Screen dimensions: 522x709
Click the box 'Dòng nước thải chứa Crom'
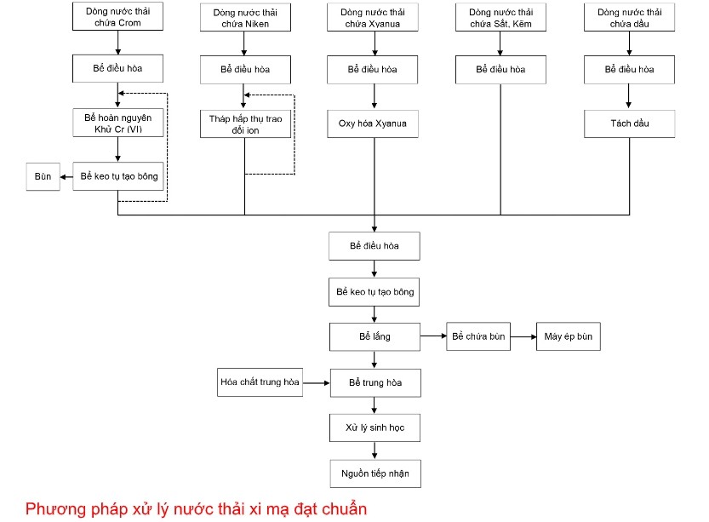click(118, 18)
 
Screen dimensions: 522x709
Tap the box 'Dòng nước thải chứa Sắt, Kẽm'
click(500, 18)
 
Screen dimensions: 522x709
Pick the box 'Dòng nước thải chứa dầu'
click(629, 18)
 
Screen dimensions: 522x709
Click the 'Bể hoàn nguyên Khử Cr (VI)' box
click(118, 123)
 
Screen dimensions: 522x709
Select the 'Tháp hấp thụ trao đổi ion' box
click(245, 124)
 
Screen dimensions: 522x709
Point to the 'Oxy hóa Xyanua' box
click(373, 123)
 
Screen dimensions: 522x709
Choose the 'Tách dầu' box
click(629, 123)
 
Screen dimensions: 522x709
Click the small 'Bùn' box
click(43, 177)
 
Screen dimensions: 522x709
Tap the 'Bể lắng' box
click(375, 337)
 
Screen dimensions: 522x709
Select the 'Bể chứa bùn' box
click(478, 337)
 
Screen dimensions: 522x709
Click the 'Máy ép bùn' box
click(568, 337)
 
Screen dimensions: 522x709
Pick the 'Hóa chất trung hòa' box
click(260, 383)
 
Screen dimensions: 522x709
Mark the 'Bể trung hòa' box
click(375, 383)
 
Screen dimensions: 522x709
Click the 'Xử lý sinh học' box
click(375, 427)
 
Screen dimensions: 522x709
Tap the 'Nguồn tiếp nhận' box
click(375, 473)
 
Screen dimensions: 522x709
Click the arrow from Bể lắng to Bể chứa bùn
click(433, 337)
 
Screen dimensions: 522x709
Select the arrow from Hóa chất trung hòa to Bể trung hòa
click(317, 383)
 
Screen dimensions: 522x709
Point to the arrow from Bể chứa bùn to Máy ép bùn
click(523, 337)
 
